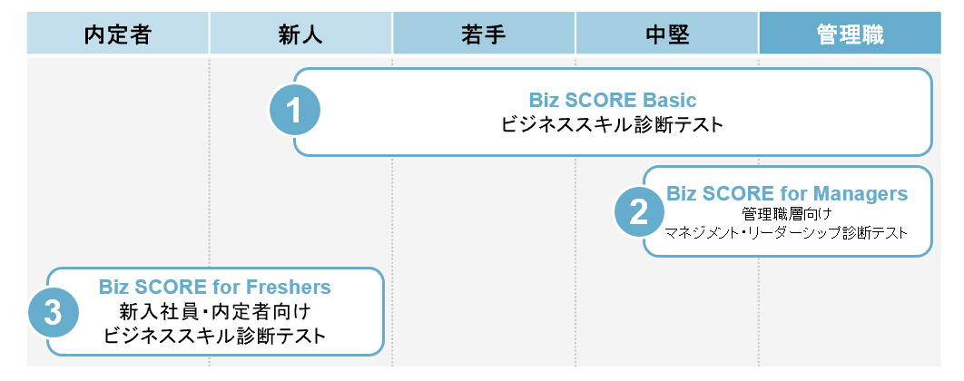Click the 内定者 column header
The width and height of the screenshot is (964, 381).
117,35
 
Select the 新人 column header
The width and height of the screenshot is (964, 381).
300,35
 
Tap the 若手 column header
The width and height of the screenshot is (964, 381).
484,35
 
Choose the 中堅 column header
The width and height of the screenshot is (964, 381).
667,35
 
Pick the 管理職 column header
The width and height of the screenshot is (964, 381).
850,35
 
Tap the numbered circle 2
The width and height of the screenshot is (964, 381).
639,212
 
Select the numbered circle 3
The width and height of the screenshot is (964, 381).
53,313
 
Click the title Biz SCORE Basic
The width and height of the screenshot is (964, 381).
613,100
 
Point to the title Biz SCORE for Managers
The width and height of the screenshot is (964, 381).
787,193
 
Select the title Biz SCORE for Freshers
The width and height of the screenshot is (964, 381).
215,288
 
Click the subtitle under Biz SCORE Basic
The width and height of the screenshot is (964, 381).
613,125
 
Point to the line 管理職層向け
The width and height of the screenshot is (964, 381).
787,214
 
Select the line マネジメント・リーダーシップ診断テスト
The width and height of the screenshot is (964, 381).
787,234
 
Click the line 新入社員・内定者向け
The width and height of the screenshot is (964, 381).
215,312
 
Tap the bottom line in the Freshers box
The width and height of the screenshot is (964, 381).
215,337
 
